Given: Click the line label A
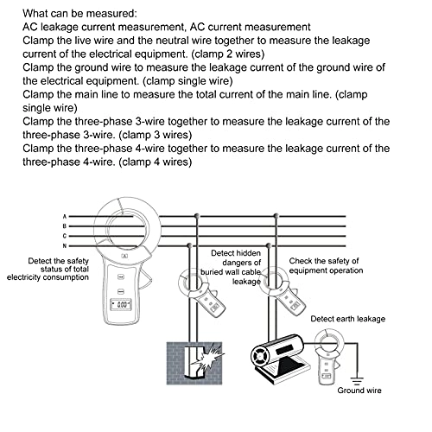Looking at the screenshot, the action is (x=65, y=216).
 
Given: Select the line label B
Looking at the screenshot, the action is (x=65, y=226).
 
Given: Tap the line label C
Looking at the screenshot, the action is (x=65, y=236).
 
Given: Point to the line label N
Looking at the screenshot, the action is (x=65, y=246).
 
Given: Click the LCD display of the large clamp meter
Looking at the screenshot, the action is (x=121, y=305).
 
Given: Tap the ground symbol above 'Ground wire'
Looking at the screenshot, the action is (x=357, y=381).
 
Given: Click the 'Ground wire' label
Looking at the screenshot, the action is (x=359, y=391).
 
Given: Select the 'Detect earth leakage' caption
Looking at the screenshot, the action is (x=348, y=319).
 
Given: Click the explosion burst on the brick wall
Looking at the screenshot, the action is (x=208, y=357).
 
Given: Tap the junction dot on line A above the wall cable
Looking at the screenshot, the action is (x=197, y=215).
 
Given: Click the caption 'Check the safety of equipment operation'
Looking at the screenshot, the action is (x=326, y=265).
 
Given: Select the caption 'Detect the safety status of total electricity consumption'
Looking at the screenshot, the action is (x=48, y=269).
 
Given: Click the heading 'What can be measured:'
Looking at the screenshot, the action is (x=80, y=13).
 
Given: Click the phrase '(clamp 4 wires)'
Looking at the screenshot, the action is (x=156, y=162).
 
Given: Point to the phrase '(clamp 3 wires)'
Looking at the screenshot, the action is (x=156, y=135).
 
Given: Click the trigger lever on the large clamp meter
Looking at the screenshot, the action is (x=145, y=278).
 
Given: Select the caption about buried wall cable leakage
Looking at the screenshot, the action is (x=231, y=267).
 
